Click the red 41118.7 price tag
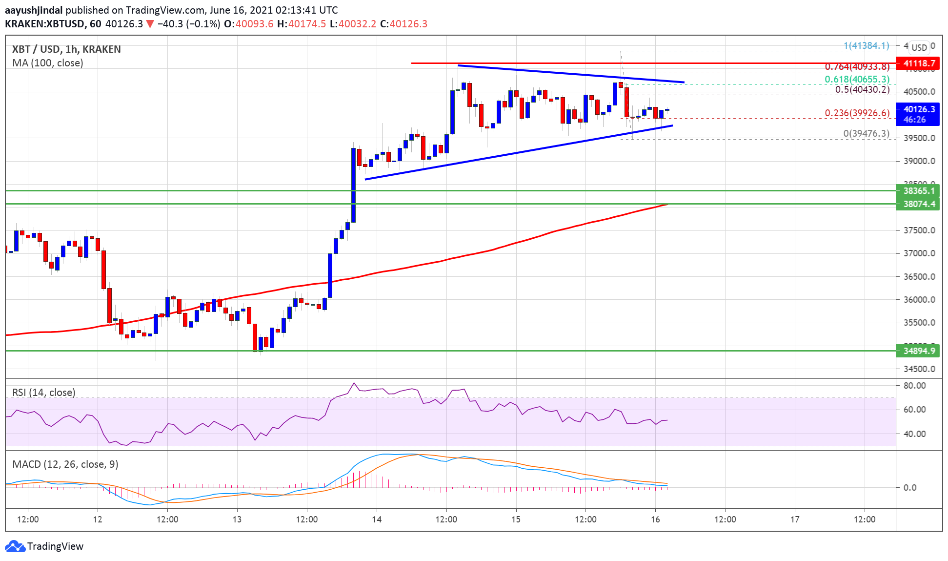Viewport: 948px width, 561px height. point(919,63)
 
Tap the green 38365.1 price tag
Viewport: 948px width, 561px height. point(919,191)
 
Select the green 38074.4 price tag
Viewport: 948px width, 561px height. point(919,204)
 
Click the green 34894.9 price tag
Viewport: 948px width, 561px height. point(919,351)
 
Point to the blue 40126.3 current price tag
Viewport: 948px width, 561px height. point(919,109)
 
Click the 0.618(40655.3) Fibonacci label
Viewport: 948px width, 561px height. point(857,79)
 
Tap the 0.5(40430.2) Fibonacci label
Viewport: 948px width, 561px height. point(862,90)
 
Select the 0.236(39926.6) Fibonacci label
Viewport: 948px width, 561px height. point(857,113)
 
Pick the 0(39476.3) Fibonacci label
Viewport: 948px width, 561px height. point(866,133)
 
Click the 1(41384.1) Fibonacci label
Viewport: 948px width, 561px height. point(866,46)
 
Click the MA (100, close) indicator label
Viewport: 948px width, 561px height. point(48,63)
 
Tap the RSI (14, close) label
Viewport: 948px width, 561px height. point(44,393)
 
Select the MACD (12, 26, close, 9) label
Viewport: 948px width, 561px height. point(65,464)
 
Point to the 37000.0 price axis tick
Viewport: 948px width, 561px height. point(919,253)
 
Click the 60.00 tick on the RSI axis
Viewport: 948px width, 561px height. point(914,410)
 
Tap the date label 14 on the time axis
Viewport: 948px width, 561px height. point(377,519)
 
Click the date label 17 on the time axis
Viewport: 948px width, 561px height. point(795,519)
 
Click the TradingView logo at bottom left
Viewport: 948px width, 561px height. point(44,546)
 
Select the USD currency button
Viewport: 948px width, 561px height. point(919,47)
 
